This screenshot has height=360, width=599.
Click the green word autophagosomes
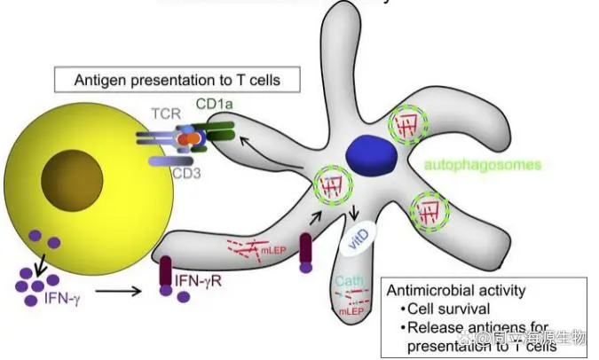tap(470, 165)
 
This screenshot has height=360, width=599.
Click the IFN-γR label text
tap(205, 282)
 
